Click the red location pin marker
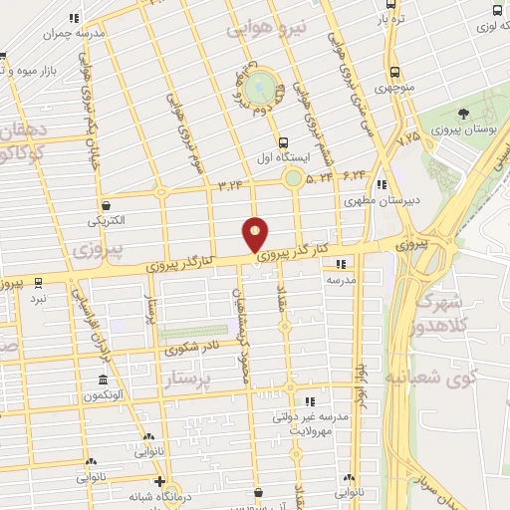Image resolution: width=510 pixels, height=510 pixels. [256, 235]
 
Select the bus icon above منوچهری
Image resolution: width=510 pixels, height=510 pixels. [395, 72]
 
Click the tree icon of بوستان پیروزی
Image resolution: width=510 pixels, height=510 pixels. [465, 114]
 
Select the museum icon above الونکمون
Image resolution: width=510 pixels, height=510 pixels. [104, 381]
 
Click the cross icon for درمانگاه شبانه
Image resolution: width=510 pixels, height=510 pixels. [159, 482]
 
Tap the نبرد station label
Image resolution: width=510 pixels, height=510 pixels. [38, 298]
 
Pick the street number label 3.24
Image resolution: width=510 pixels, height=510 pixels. [230, 184]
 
